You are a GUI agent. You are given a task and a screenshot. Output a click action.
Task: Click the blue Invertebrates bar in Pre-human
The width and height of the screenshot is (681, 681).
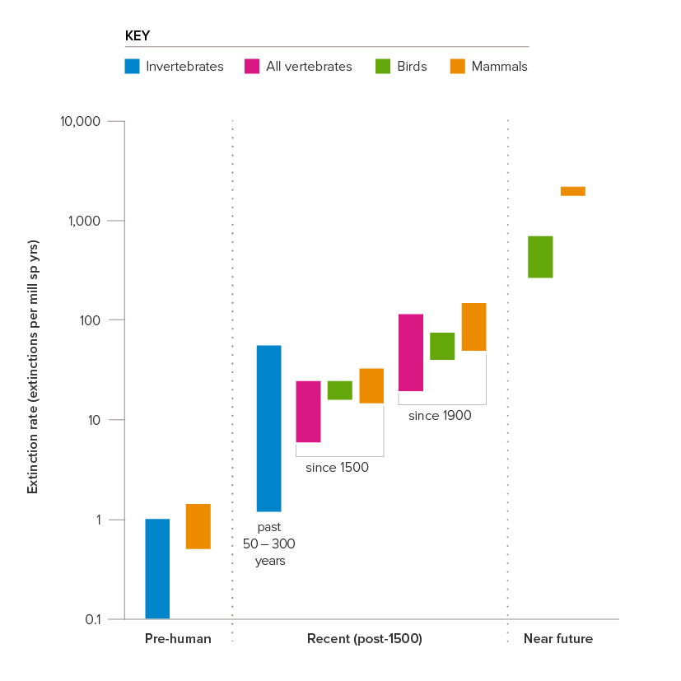(x=157, y=568)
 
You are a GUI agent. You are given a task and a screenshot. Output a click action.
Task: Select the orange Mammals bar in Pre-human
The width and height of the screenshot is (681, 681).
(x=198, y=526)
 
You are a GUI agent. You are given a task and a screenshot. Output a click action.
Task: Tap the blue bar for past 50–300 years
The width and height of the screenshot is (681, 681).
(x=268, y=428)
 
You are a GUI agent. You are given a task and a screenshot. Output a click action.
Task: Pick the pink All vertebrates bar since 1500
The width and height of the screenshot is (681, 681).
(x=308, y=412)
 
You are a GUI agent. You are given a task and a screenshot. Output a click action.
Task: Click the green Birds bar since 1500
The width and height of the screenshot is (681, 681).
(x=339, y=390)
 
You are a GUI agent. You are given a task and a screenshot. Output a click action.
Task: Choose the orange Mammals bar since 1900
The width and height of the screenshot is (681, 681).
(x=473, y=327)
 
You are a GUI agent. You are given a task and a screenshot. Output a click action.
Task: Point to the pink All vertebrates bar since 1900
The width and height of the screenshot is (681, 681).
(x=411, y=352)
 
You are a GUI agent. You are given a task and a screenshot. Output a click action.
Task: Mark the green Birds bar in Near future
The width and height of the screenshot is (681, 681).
(x=540, y=257)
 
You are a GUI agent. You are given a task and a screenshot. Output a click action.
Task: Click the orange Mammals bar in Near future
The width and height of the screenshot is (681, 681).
(x=573, y=191)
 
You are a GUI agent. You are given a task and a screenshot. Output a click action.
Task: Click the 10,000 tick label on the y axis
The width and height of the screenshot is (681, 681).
(x=80, y=122)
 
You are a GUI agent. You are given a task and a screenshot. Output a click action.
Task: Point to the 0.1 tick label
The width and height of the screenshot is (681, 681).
(x=92, y=619)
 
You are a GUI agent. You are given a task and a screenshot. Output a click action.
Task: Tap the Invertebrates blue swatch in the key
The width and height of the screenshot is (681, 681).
(x=132, y=67)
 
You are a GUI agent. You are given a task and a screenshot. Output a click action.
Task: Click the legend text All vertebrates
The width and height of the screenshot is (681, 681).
(x=309, y=67)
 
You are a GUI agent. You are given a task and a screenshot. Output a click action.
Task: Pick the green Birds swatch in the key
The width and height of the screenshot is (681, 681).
(x=382, y=67)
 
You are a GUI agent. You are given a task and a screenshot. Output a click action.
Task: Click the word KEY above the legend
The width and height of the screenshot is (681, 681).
(x=137, y=36)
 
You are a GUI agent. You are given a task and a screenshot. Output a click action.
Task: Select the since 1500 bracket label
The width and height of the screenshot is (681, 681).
(x=337, y=468)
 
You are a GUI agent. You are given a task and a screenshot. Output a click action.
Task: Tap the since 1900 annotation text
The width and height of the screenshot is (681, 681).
(x=440, y=416)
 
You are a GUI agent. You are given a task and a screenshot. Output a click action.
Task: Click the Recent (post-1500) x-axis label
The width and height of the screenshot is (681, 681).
(x=365, y=639)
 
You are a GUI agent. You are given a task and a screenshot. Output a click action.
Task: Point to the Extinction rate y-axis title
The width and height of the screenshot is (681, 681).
(x=33, y=367)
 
